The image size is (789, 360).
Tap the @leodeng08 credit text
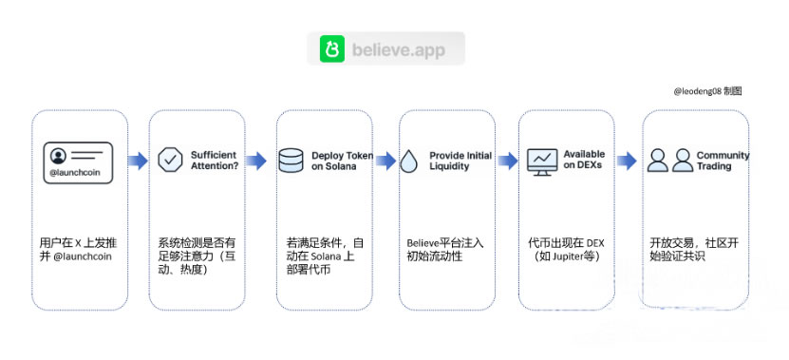(706, 91)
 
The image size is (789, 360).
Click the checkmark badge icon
(170, 160)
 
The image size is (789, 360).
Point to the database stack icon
(292, 160)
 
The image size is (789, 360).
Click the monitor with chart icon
(542, 160)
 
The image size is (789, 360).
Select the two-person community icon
(669, 161)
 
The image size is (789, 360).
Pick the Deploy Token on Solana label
(342, 160)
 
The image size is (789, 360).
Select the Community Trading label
(722, 160)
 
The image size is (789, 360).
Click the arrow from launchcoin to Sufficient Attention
(138, 161)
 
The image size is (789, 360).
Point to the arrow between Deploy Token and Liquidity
(385, 161)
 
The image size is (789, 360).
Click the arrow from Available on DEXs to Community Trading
(627, 161)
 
